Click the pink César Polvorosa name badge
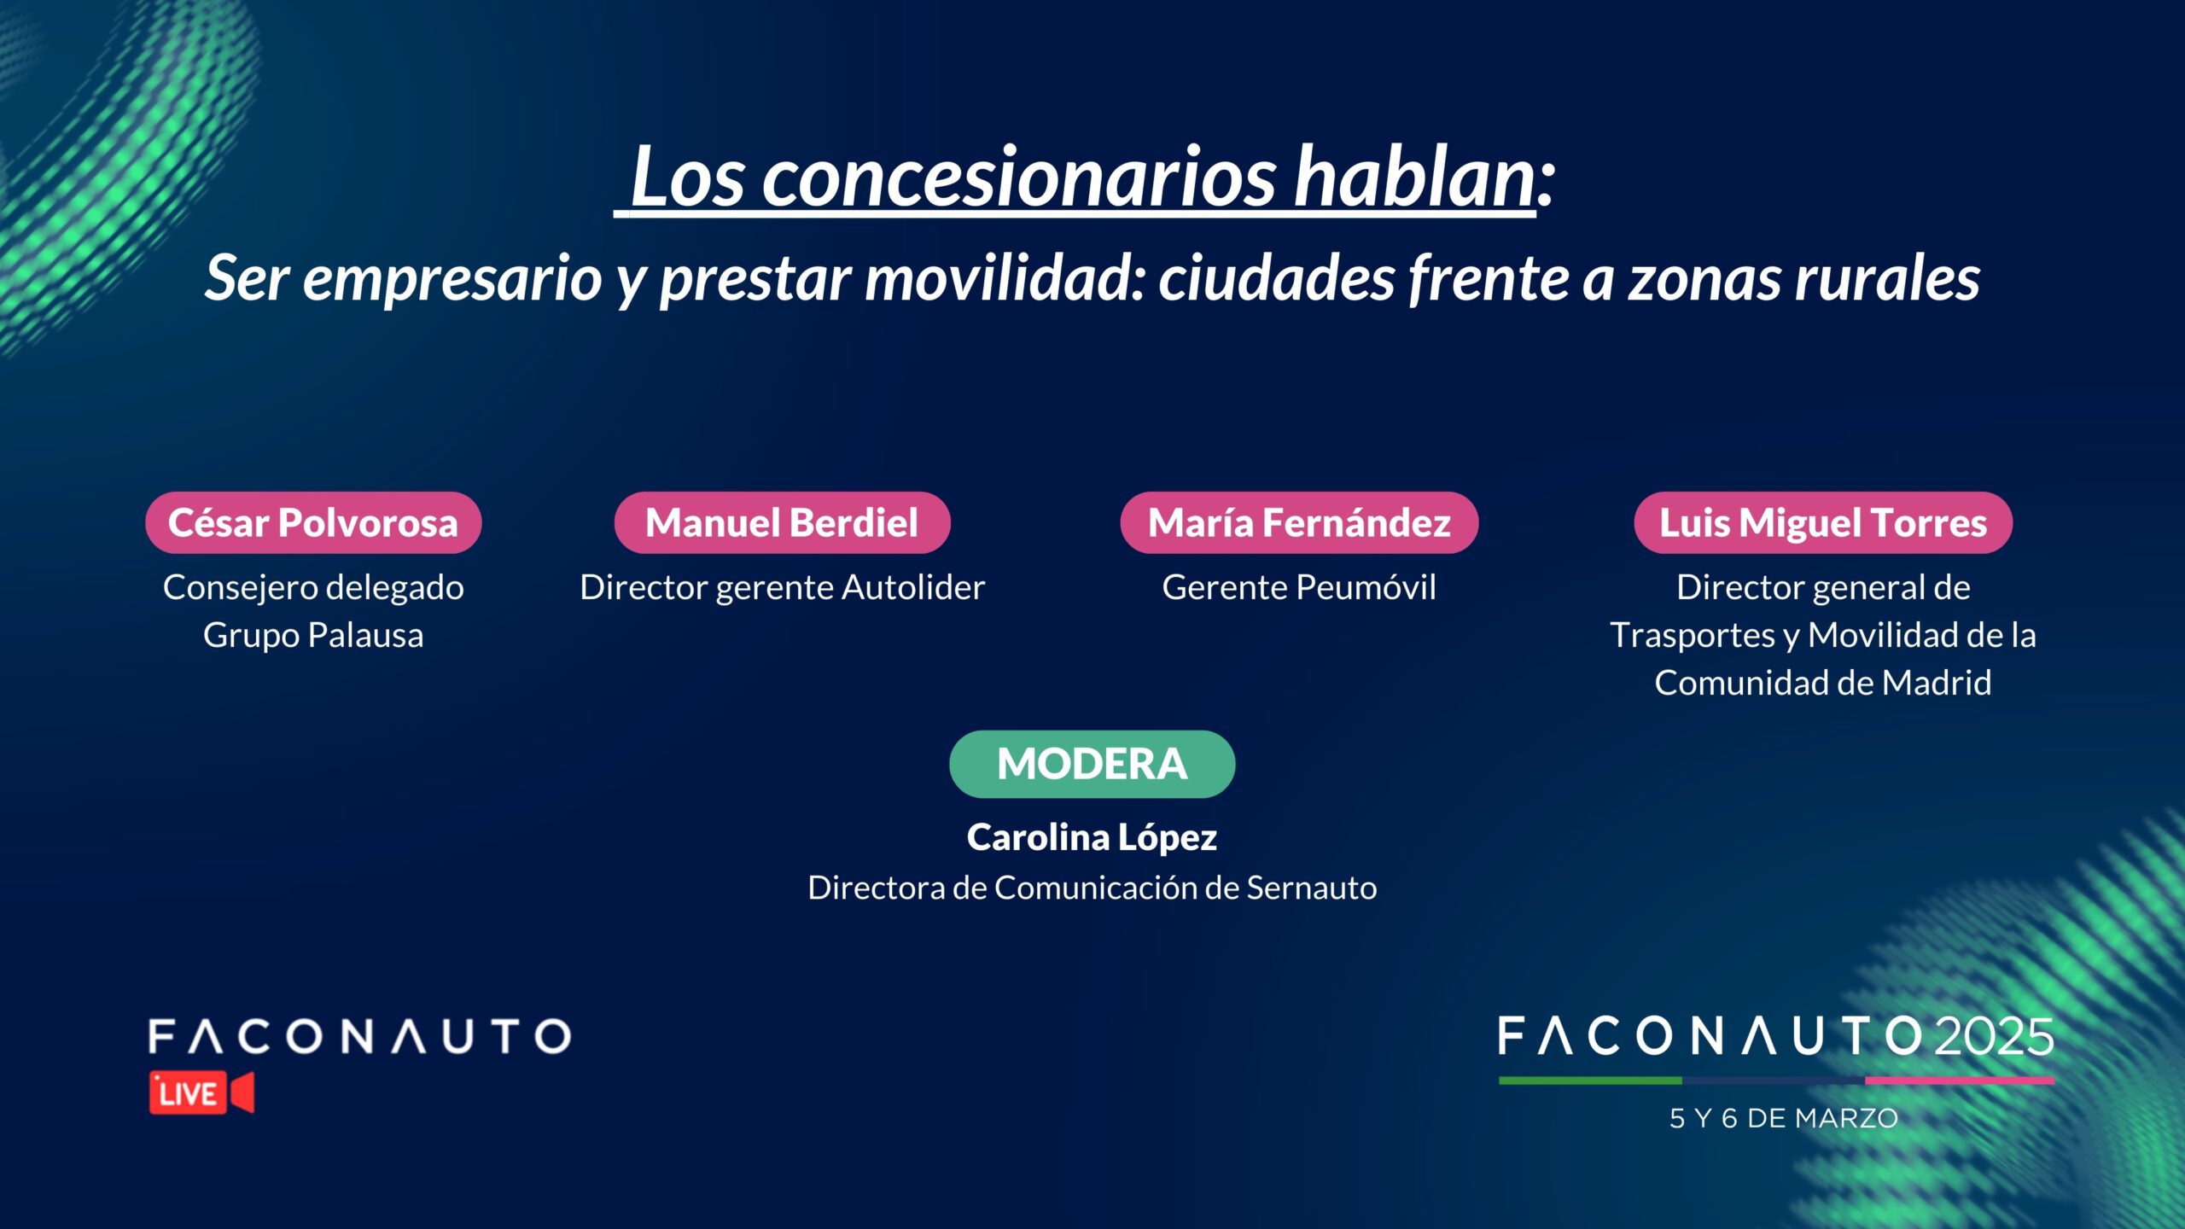313,522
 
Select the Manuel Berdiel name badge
782,522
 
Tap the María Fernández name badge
1299,522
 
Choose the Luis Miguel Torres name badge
1823,522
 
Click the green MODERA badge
1092,764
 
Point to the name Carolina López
1092,838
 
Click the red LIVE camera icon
201,1092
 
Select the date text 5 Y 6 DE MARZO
1784,1118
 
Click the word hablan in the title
1415,177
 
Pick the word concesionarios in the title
1019,178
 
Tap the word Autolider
913,587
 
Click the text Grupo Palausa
313,636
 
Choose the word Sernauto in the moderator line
1312,888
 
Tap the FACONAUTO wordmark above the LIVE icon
359,1036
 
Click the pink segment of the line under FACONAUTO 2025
1960,1080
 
